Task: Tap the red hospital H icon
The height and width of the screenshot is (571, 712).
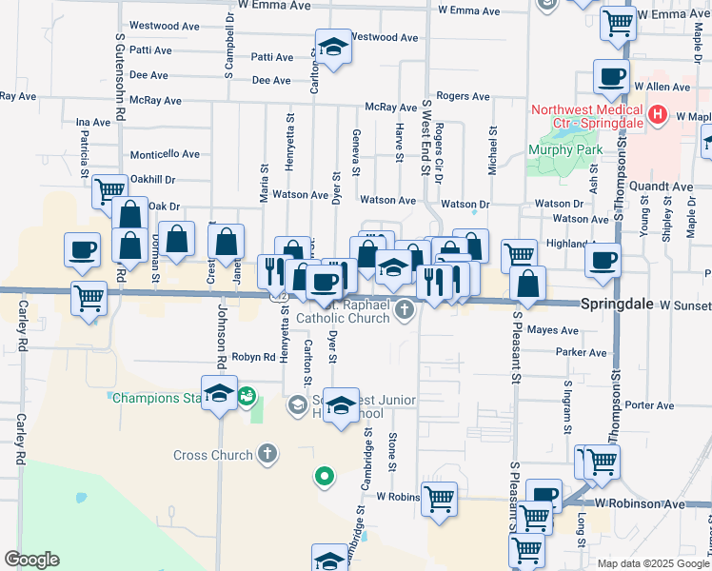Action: coord(657,116)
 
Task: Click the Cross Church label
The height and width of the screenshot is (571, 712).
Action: coord(214,455)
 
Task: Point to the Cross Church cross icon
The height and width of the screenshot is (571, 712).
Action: coord(267,454)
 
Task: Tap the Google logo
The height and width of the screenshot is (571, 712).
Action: coord(31,560)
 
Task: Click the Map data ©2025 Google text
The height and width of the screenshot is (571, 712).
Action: coord(652,563)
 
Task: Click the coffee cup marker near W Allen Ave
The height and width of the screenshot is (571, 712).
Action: coord(611,77)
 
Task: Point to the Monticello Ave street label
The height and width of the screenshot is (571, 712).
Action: coord(165,154)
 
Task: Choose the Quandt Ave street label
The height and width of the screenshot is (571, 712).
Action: coord(667,187)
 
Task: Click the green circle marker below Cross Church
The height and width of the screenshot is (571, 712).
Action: coord(325,476)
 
